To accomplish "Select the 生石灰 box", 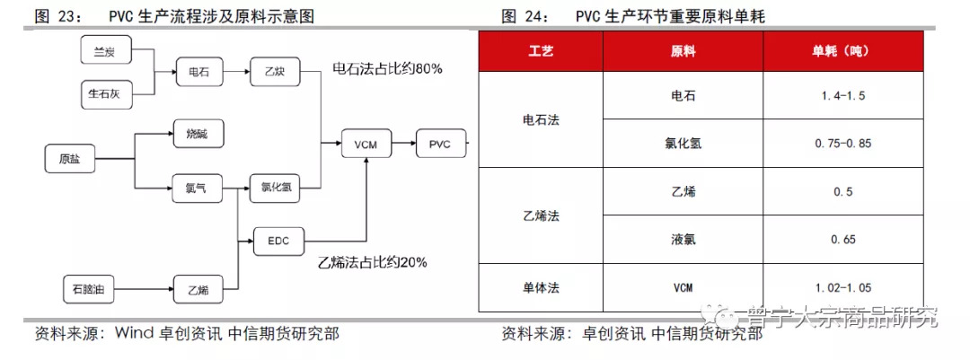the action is pyautogui.click(x=106, y=94).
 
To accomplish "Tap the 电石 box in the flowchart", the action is pyautogui.click(x=198, y=72).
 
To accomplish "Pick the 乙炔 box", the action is pyautogui.click(x=276, y=72).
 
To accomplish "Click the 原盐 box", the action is pyautogui.click(x=69, y=159).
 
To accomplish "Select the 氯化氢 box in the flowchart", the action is pyautogui.click(x=276, y=188).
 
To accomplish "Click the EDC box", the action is pyautogui.click(x=279, y=241).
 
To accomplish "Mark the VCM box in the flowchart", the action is pyautogui.click(x=366, y=145).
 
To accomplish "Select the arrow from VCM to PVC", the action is pyautogui.click(x=403, y=145).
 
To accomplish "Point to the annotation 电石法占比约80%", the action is pyautogui.click(x=387, y=69).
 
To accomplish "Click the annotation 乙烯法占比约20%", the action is pyautogui.click(x=373, y=262).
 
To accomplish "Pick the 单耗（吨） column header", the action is pyautogui.click(x=842, y=51).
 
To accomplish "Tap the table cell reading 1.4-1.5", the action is pyautogui.click(x=842, y=96).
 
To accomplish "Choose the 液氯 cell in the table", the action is pyautogui.click(x=683, y=240).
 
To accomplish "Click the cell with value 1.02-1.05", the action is pyautogui.click(x=842, y=287).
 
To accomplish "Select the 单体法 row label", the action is pyautogui.click(x=541, y=287).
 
